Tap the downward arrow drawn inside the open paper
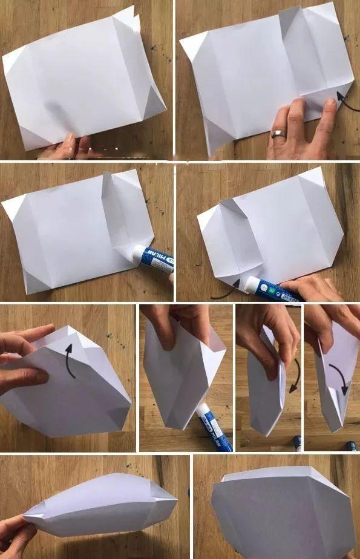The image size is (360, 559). pyautogui.click(x=340, y=378)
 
